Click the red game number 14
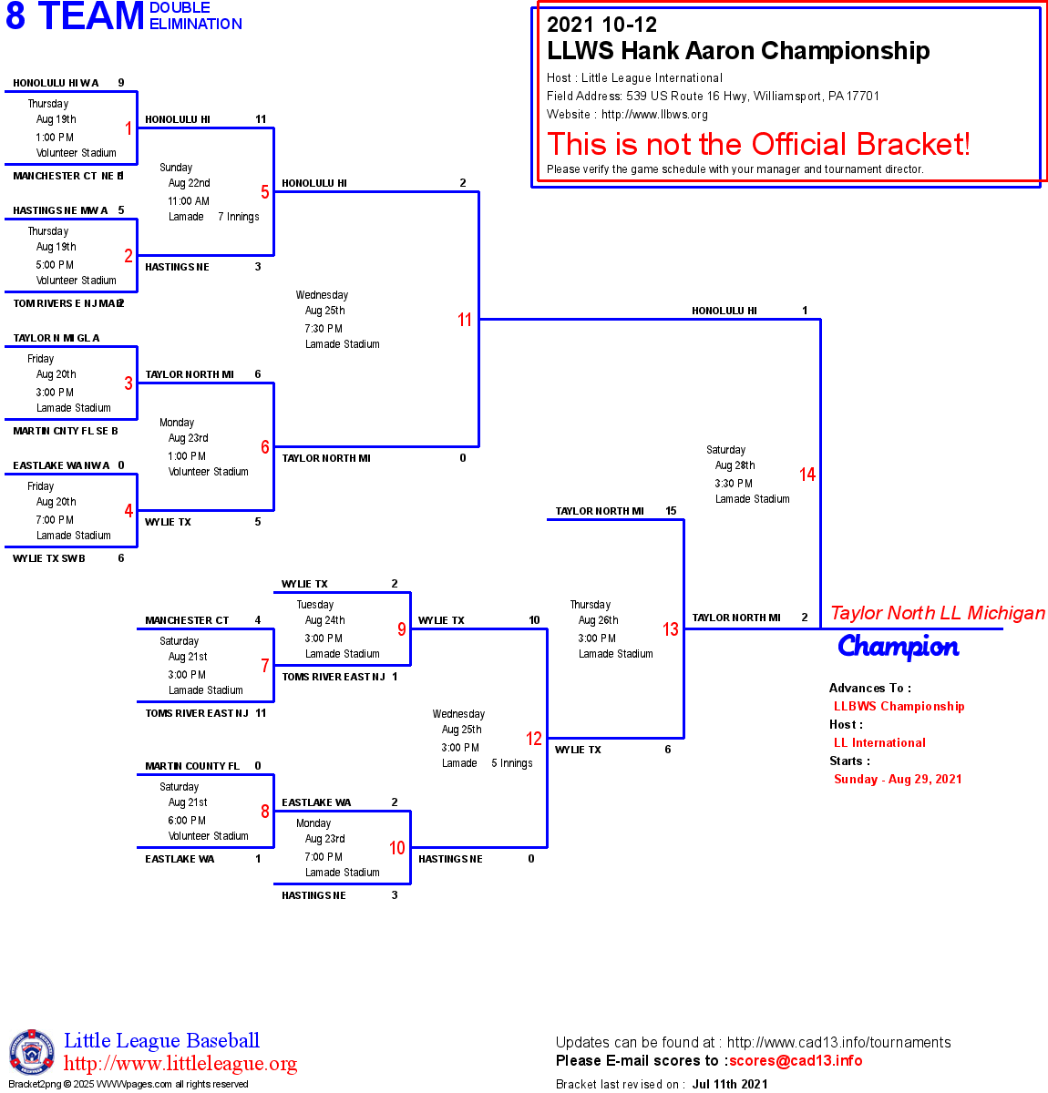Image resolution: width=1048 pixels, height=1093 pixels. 807,475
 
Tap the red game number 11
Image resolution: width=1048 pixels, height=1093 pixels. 465,320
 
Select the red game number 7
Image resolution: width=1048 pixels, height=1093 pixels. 265,666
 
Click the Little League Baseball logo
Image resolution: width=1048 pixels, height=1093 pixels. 32,1052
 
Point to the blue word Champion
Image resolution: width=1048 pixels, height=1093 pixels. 898,647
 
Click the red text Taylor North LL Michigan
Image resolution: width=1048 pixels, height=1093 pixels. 938,613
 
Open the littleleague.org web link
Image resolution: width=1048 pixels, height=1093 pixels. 180,1064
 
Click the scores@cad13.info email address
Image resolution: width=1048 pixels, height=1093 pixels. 796,1060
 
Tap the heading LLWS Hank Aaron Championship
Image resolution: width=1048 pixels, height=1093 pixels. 738,51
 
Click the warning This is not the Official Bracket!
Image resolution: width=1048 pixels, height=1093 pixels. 758,144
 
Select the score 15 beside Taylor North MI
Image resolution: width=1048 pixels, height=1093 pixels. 671,511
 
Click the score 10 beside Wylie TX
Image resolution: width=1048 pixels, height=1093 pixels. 534,620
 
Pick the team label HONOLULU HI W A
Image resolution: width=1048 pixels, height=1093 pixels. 56,83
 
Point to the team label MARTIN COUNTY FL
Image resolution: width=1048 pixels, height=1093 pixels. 192,766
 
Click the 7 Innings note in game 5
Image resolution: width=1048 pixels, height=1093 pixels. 239,217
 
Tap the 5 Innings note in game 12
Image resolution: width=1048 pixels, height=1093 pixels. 512,763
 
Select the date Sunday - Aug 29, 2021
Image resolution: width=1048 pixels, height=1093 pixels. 898,779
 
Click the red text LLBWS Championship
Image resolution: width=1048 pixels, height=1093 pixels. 899,706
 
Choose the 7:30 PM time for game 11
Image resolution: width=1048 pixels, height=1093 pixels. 324,329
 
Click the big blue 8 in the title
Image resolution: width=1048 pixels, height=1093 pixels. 15,16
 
